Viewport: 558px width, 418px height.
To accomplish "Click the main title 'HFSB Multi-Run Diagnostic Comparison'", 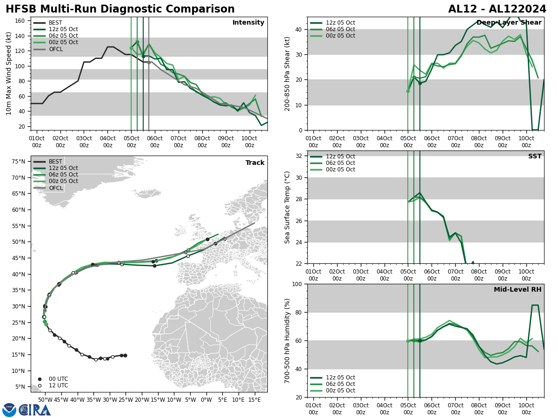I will (x=120, y=9).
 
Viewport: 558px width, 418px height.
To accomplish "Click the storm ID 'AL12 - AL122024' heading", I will (x=497, y=9).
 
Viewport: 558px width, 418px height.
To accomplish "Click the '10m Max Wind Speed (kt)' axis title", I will (x=9, y=73).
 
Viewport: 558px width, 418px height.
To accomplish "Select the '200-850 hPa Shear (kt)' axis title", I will (x=287, y=73).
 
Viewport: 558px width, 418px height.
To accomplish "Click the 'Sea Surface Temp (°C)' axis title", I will (x=287, y=207).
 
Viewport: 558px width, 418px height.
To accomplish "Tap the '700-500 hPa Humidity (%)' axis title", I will (x=287, y=340).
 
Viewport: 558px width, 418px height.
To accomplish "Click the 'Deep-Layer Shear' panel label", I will (x=509, y=23).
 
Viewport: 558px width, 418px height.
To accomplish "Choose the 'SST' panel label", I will (x=535, y=157).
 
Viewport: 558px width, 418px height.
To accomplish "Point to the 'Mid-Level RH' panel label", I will (x=518, y=290).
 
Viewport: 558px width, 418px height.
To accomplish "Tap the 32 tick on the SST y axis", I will (x=300, y=156).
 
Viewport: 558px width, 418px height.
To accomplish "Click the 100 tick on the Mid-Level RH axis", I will (x=298, y=284).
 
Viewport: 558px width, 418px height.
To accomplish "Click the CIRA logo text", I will (x=35, y=410).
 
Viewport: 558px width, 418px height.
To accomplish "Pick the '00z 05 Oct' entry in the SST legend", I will (x=341, y=170).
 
